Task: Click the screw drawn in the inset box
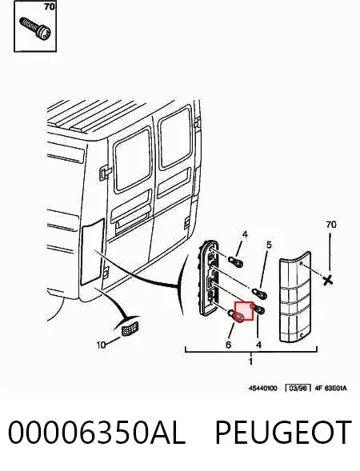pos(35,28)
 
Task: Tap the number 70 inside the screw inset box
pos(50,6)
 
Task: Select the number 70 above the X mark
pos(331,224)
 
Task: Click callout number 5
pos(269,245)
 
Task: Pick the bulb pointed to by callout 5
pos(259,291)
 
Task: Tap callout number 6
pos(228,344)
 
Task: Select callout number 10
pos(102,345)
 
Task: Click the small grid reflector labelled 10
pos(130,328)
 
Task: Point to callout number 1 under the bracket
pos(251,361)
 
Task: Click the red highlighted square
pos(244,311)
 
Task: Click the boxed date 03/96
pos(298,388)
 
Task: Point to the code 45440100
pos(262,388)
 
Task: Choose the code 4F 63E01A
pos(330,388)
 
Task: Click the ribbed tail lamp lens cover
pos(295,297)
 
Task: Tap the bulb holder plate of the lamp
pos(208,277)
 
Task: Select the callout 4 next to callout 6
pos(258,344)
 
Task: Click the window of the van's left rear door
pos(133,159)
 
